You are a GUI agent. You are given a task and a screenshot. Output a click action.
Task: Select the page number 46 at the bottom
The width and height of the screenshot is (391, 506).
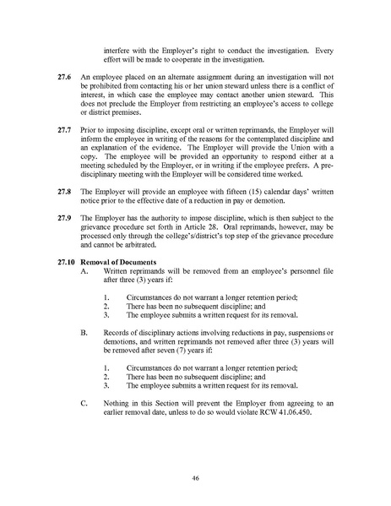click(x=195, y=478)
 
